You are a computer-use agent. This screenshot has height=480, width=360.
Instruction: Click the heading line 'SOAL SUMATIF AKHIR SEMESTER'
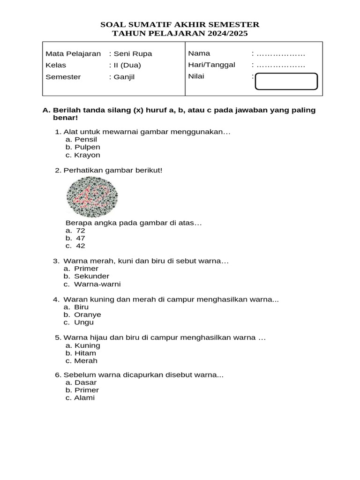[180, 24]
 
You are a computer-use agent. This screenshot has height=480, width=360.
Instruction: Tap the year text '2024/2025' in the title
[226, 34]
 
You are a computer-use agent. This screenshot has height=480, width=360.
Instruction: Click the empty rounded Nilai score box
[286, 81]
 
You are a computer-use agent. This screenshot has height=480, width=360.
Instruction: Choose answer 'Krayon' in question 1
[87, 155]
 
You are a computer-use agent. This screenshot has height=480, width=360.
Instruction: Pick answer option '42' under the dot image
[81, 246]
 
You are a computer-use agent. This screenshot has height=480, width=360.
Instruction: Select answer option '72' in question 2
[81, 231]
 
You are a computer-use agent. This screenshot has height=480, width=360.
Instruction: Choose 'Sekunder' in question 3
[92, 276]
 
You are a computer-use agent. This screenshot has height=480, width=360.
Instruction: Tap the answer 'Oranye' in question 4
[88, 315]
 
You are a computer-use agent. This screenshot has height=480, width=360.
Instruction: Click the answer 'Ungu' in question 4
[84, 322]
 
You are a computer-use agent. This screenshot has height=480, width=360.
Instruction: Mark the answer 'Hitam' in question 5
[85, 353]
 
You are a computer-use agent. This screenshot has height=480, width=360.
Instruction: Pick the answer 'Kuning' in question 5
[87, 345]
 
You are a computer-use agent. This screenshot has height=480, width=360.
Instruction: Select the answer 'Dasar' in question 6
[85, 382]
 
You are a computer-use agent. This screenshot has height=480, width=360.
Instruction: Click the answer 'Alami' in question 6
[84, 397]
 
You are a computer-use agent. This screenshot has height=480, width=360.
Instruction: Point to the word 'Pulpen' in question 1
[87, 147]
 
